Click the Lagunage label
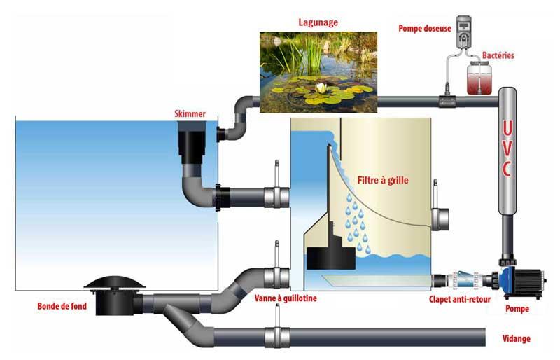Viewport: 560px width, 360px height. coord(318,22)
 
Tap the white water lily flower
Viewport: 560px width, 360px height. coord(322,88)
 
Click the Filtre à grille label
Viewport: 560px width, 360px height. coord(382,180)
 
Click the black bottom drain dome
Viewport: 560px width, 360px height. coord(115,283)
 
